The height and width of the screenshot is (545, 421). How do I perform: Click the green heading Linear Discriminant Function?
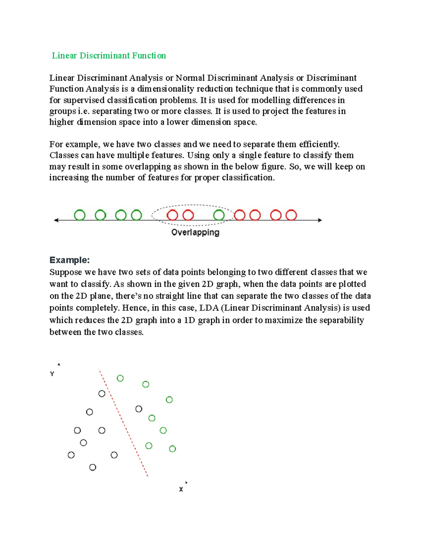(109, 56)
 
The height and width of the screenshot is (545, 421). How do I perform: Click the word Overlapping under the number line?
(195, 232)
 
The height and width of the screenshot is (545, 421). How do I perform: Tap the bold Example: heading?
(69, 260)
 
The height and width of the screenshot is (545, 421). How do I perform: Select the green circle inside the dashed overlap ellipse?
(219, 215)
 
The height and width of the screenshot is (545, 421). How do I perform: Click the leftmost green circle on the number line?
(80, 215)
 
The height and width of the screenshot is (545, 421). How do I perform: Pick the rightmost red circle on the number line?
(291, 215)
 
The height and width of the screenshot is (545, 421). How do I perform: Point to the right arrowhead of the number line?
(320, 220)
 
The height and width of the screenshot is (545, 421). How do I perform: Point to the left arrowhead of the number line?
(56, 220)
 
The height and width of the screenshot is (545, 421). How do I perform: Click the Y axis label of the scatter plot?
(52, 374)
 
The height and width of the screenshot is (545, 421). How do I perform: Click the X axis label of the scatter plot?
(181, 489)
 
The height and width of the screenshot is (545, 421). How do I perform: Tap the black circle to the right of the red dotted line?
(139, 409)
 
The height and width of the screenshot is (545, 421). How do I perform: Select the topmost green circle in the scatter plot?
(120, 378)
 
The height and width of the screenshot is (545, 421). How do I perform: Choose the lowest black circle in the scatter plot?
(93, 467)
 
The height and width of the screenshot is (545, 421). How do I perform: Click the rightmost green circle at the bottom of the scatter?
(172, 448)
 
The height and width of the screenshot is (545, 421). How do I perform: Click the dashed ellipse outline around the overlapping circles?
(192, 205)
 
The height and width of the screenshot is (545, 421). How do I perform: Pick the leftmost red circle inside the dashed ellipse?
(172, 215)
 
